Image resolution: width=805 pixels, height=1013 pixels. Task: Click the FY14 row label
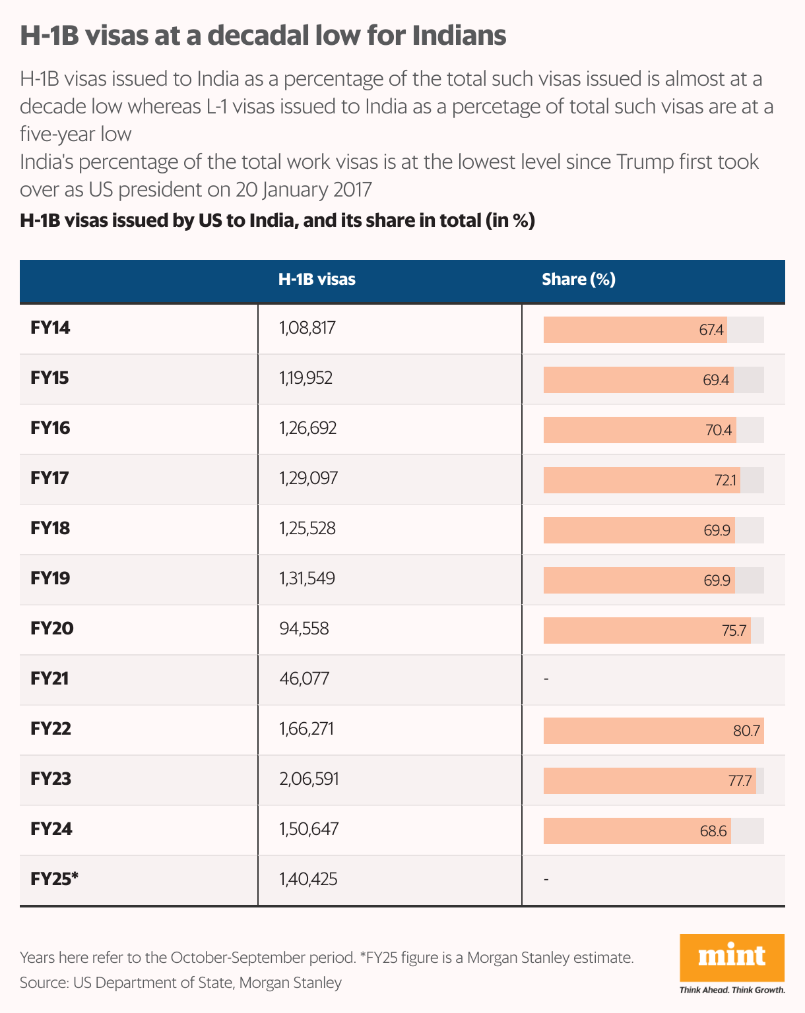coord(50,328)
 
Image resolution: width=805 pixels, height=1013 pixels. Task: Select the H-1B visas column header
coord(317,280)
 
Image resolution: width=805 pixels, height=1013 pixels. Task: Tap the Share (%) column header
coord(579,280)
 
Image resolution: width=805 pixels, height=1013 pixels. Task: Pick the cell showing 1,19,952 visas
coord(306,378)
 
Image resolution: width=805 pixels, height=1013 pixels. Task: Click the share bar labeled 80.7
coord(653,731)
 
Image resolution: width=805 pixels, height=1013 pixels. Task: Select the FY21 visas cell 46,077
coord(304,679)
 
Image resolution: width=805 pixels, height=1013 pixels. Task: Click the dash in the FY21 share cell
coord(546,679)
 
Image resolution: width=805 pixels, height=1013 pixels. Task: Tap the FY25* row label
coord(54,879)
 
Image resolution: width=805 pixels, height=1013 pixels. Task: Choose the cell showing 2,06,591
coord(309,779)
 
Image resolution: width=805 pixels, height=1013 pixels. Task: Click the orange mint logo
coord(732,957)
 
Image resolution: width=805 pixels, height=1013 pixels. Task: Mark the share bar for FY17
coord(641,480)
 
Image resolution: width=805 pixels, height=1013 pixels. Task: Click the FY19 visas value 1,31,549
coord(307,578)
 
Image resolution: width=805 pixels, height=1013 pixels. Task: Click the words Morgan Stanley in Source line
coord(290,983)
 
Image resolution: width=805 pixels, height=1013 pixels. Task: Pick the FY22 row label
coord(51,729)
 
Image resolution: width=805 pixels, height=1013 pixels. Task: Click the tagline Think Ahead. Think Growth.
coord(732,990)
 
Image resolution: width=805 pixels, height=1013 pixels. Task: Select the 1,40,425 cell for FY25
coord(308,879)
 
